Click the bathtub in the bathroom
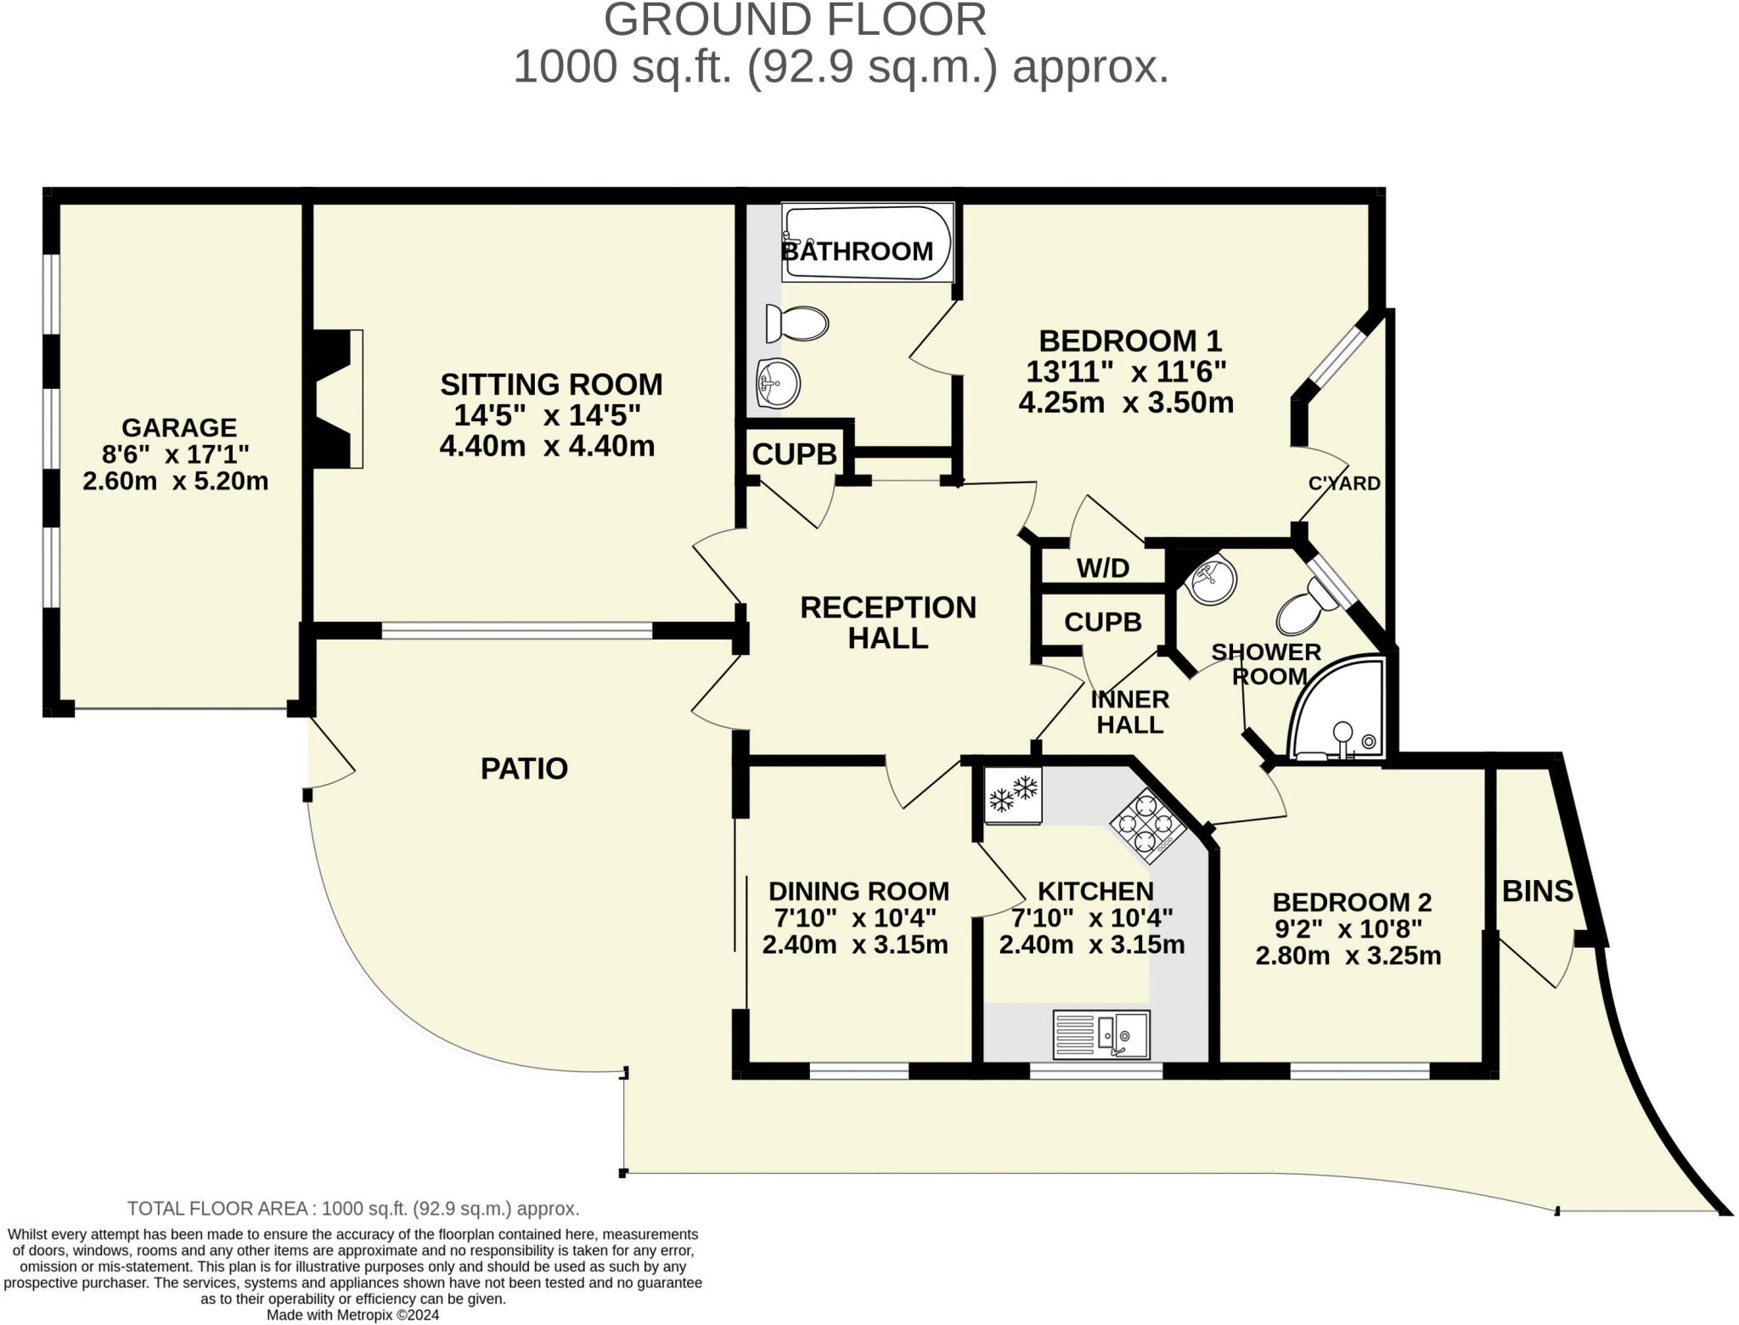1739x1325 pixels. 868,243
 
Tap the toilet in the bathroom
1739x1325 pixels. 796,324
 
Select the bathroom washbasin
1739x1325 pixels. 777,383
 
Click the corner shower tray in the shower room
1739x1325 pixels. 1337,708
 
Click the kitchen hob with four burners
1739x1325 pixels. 1147,821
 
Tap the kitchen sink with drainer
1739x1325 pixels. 1101,1035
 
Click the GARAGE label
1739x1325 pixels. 179,427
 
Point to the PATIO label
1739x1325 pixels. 524,769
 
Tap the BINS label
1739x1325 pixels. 1538,891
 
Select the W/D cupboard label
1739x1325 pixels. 1103,568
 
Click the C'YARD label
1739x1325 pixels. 1344,483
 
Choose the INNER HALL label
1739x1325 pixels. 1129,712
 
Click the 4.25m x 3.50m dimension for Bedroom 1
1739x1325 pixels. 1126,402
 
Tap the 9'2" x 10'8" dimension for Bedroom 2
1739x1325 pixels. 1348,928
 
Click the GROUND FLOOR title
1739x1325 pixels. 795,20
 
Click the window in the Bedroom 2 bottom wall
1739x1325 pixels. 1360,1070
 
